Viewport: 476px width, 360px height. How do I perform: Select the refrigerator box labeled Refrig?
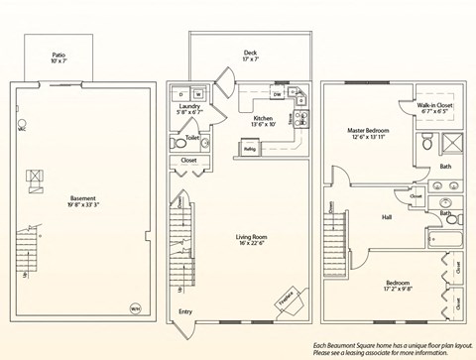[249, 150]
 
